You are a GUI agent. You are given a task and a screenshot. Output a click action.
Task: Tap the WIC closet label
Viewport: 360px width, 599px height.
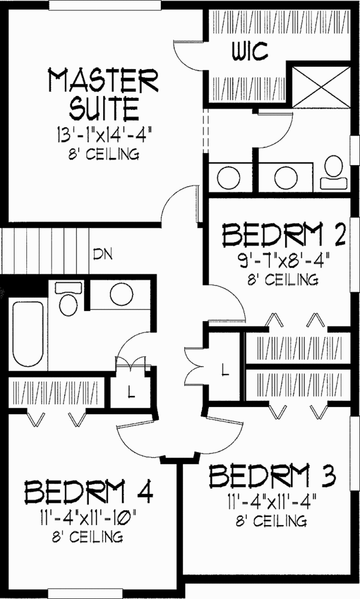pos(250,51)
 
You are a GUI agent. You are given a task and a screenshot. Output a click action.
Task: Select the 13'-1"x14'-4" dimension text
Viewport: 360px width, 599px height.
pos(103,135)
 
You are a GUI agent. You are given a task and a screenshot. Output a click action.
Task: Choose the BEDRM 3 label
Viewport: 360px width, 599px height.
pos(272,476)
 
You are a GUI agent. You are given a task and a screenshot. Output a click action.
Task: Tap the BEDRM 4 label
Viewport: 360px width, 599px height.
pos(89,492)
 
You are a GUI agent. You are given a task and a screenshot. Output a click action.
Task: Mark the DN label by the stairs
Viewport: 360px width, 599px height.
pos(103,254)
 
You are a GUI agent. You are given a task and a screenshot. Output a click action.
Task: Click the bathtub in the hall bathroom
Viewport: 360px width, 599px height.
pos(28,334)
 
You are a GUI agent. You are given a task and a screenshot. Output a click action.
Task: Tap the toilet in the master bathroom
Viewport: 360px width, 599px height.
pos(334,172)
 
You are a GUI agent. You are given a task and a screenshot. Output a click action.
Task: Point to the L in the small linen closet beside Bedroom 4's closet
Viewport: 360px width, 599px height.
pos(131,392)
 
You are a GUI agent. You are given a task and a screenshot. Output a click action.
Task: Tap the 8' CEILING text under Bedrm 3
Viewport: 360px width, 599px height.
pos(271,521)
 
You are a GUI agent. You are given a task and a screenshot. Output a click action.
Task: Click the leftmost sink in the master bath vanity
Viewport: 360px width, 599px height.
pos(229,178)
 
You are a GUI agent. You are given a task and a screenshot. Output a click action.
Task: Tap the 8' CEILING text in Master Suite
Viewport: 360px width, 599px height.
pos(103,154)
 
